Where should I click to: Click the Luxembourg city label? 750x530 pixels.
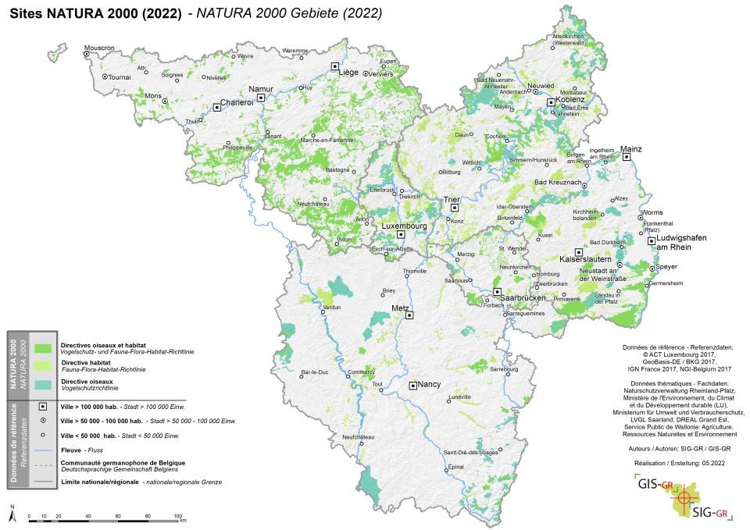click(x=403, y=226)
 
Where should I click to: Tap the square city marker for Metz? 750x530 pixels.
click(x=409, y=315)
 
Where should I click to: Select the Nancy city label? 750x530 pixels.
click(x=430, y=385)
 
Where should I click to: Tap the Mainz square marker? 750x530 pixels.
click(x=626, y=157)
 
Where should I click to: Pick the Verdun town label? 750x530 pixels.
click(x=332, y=308)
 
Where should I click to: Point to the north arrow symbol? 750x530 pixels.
click(x=12, y=512)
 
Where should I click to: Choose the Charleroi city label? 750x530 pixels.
click(x=237, y=102)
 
